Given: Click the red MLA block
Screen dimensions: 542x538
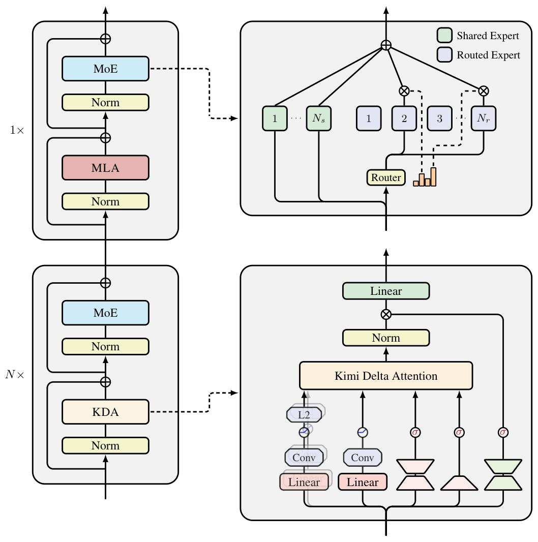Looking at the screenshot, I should (105, 168).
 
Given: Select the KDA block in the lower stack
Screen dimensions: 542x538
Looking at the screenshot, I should (105, 412).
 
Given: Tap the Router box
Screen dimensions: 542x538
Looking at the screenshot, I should (386, 177).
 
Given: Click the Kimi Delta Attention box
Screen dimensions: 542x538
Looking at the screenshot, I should (386, 376).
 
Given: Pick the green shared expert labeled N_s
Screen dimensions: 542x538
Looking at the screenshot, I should (318, 118).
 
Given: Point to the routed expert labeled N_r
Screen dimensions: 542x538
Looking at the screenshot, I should (483, 118).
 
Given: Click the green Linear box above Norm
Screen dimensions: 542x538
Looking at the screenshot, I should (386, 291).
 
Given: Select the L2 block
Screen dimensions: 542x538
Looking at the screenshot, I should (304, 414).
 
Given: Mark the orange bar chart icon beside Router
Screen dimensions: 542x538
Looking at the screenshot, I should (425, 177).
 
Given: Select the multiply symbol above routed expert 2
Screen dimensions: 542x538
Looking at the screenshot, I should (404, 91).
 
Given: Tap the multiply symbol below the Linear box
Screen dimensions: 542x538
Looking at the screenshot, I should (386, 314).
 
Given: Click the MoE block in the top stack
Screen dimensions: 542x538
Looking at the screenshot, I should (105, 69).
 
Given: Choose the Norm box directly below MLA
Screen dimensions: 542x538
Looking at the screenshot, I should (105, 201).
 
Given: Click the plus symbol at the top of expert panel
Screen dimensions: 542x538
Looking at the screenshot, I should (386, 46).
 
